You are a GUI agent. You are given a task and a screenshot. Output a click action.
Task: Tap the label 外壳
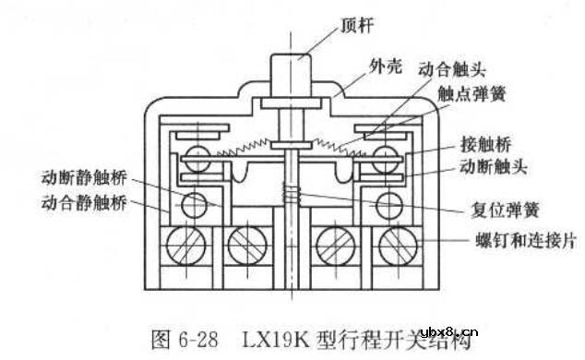click(364, 66)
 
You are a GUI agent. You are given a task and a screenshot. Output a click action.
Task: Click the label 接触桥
click(485, 146)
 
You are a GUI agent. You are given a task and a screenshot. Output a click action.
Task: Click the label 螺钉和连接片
click(521, 238)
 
